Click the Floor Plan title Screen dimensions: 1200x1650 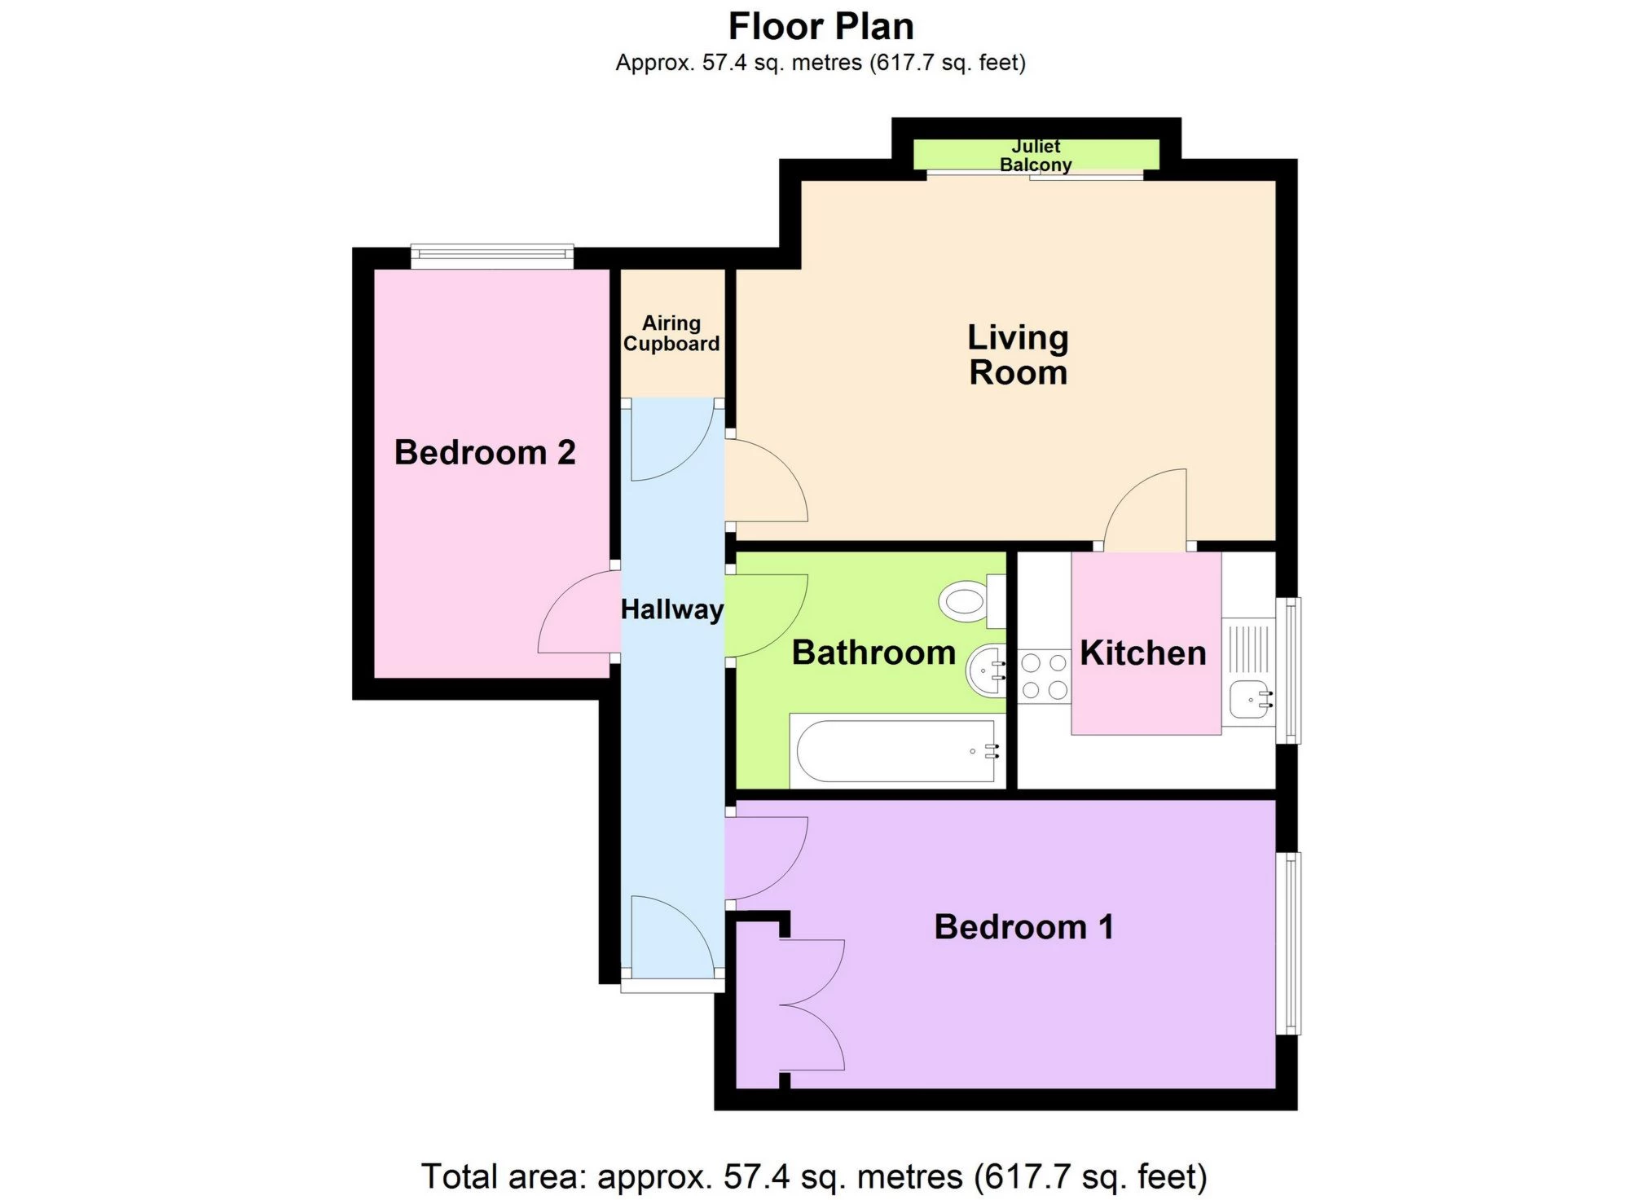(821, 27)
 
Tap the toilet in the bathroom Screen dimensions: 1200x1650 (969, 603)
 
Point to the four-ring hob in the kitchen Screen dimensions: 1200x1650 (1044, 676)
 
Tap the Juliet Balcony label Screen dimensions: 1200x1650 (1035, 155)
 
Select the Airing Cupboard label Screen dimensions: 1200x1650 (671, 333)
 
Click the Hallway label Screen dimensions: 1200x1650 (672, 609)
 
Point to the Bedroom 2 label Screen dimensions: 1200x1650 (485, 452)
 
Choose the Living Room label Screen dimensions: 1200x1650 (1018, 355)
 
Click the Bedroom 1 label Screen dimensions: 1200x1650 (1023, 927)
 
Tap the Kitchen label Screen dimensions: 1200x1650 (1142, 653)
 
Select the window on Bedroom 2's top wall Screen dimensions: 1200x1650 (491, 256)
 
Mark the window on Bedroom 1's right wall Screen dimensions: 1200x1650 (1288, 943)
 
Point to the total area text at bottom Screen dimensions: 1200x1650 (813, 1176)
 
